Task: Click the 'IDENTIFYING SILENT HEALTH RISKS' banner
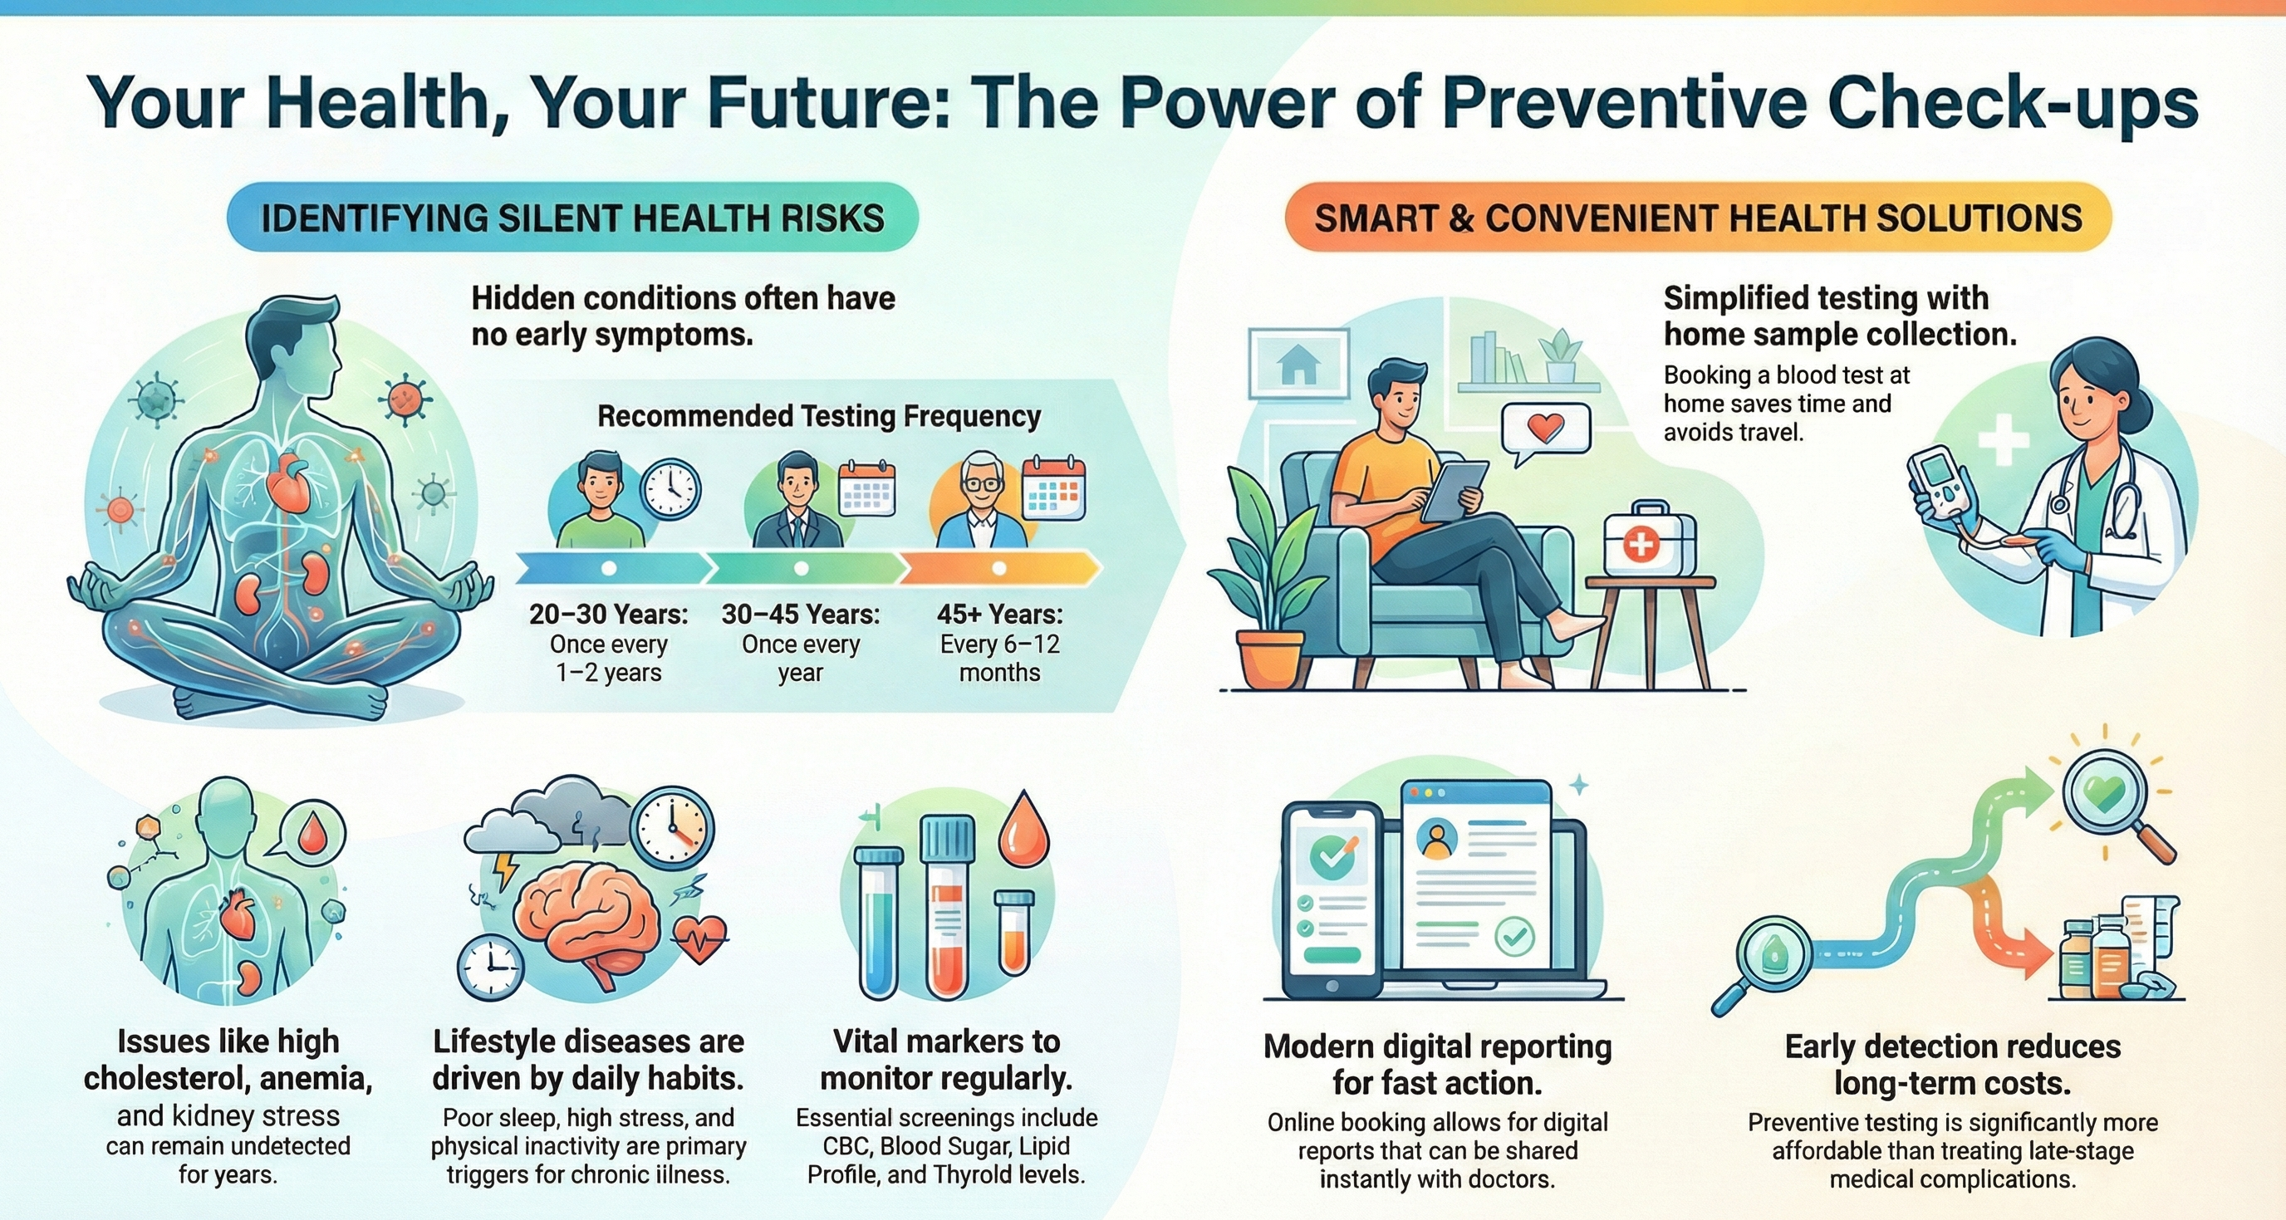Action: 572,218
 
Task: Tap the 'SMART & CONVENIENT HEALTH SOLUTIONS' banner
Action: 1698,218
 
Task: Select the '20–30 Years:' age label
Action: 609,614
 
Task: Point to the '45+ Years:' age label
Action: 999,614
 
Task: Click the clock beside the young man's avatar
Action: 672,489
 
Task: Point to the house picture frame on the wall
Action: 1298,363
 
